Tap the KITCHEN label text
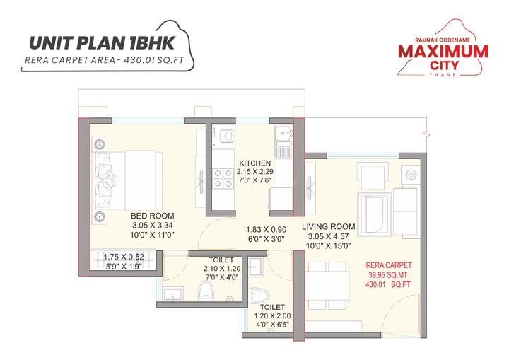[x=255, y=163]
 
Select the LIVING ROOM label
[x=329, y=226]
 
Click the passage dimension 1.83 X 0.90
[x=267, y=229]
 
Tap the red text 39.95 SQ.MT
[x=390, y=274]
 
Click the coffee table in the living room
[x=375, y=209]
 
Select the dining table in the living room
[x=329, y=284]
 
